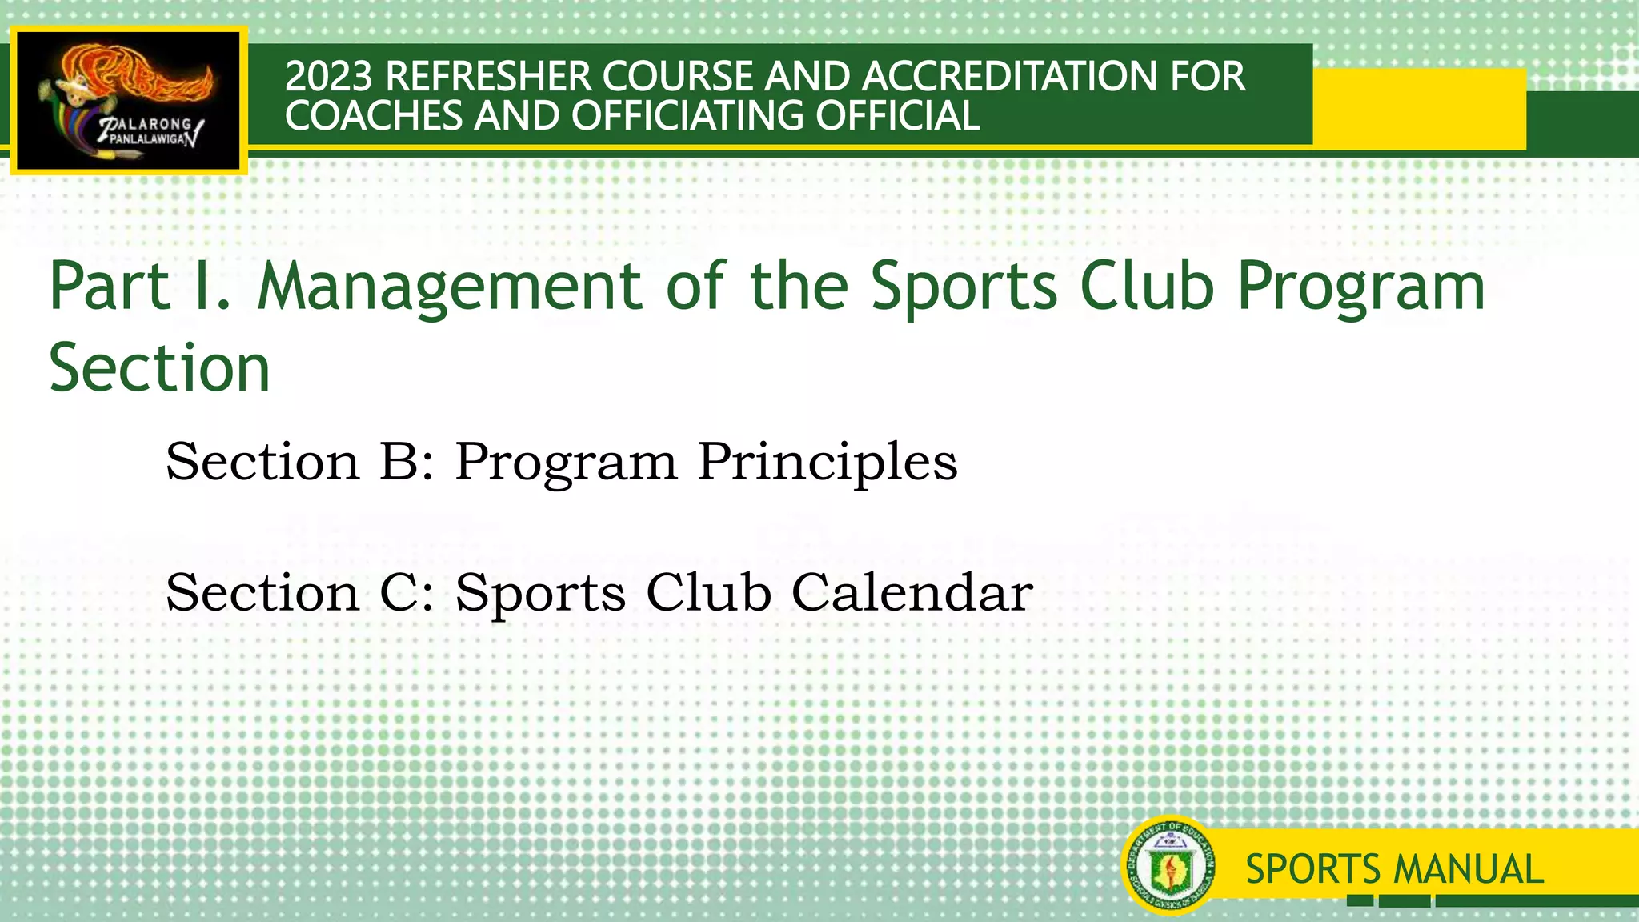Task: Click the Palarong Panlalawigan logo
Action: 129,101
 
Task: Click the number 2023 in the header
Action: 329,77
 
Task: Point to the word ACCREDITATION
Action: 1008,77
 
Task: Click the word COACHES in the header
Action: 374,116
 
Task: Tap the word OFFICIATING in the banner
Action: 687,116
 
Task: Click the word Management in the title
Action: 449,286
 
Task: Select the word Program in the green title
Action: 1361,286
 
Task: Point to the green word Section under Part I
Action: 159,367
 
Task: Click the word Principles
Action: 828,462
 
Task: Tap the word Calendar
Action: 912,593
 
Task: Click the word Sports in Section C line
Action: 540,593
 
